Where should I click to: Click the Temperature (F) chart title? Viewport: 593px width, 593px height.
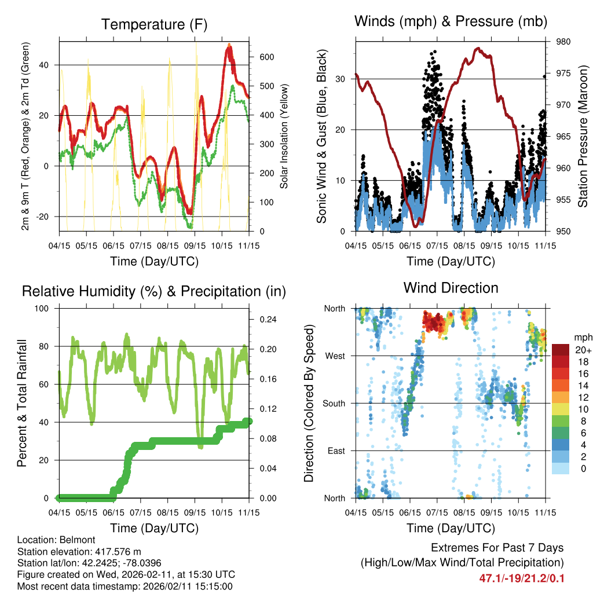click(x=154, y=24)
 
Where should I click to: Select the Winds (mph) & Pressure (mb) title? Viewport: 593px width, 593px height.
click(x=451, y=22)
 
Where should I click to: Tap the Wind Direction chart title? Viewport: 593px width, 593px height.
click(x=451, y=288)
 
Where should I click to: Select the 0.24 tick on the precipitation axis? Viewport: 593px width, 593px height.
click(x=268, y=319)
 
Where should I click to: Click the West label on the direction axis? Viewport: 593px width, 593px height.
click(x=334, y=356)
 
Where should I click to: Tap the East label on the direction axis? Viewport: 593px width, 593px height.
click(x=335, y=451)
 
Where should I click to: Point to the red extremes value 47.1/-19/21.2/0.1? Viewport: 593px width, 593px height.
click(x=521, y=578)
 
